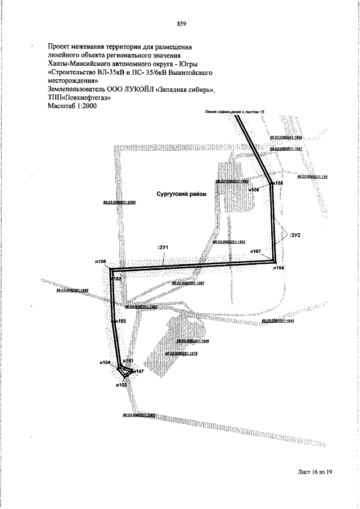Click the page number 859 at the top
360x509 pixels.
tap(181, 24)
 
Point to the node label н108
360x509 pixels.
tap(254, 190)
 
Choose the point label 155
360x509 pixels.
tap(279, 184)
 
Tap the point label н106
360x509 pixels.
tap(101, 262)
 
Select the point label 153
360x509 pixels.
tap(118, 278)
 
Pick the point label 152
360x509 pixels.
tap(121, 321)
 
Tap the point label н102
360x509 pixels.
tap(121, 385)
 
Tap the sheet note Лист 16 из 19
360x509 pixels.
tap(315, 472)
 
